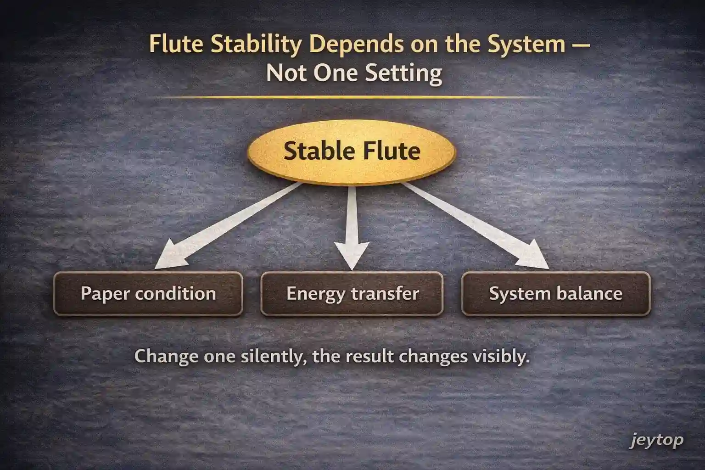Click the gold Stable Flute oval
pos(351,152)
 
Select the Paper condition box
pos(148,294)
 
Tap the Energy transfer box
pos(352,294)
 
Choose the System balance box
pos(555,294)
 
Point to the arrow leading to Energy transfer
pos(352,225)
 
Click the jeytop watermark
pos(656,441)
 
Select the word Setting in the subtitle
pos(409,73)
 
